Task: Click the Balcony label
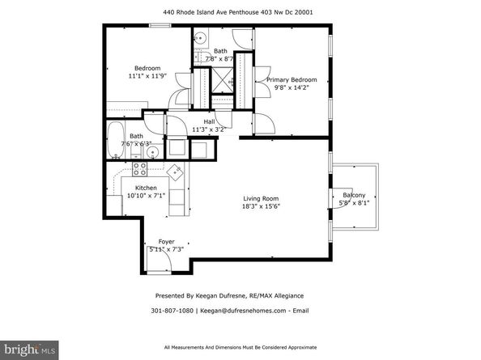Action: coord(354,195)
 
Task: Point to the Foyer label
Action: coord(166,242)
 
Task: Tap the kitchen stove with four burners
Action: coord(138,169)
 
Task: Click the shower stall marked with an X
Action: coord(220,80)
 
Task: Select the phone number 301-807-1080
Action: coord(172,309)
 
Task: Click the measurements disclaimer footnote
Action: coord(240,348)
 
